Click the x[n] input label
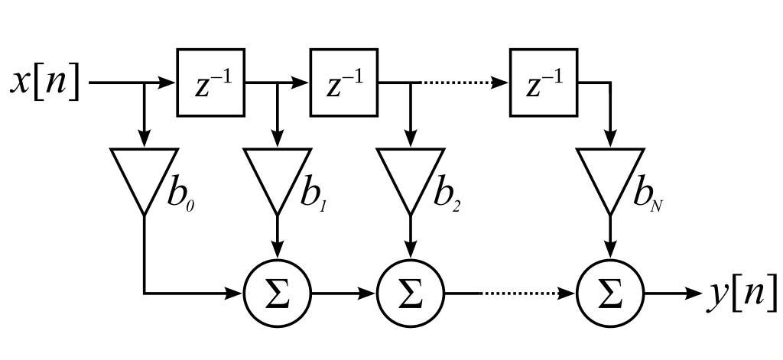[45, 81]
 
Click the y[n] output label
[740, 293]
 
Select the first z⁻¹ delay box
[211, 83]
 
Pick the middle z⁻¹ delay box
[343, 83]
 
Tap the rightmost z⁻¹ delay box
[544, 83]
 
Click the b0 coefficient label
[180, 196]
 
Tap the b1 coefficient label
[313, 196]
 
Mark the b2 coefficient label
[447, 196]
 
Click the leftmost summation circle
[278, 293]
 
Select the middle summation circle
[411, 293]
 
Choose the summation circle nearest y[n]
[609, 293]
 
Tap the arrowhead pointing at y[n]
[695, 293]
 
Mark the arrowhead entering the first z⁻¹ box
[170, 83]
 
